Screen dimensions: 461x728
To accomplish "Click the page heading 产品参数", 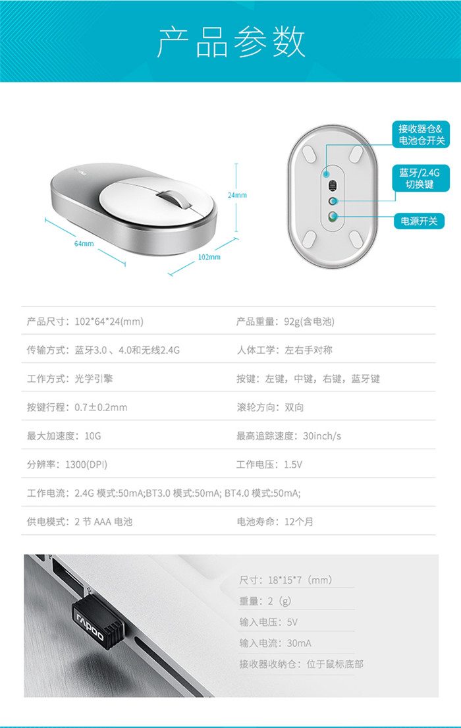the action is click(230, 42).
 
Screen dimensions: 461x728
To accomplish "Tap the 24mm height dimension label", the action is click(237, 196).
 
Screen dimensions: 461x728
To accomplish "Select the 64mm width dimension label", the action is click(84, 243).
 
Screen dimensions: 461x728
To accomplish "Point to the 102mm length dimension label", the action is click(209, 257).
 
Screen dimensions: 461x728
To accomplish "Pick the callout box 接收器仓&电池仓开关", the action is click(421, 134).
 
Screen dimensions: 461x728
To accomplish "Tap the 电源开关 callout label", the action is click(420, 221).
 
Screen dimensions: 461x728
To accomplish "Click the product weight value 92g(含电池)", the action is click(309, 322).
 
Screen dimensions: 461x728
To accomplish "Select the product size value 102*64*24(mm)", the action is click(109, 322).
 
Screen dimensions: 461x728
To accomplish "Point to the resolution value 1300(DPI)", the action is click(86, 464).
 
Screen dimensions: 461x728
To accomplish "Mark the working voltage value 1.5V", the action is click(293, 464).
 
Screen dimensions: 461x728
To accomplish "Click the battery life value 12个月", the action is click(298, 521).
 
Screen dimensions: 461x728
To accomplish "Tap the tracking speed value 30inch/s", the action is click(322, 436).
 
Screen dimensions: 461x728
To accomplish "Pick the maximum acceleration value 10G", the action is click(92, 436).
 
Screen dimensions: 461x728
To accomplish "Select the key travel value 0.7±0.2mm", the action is click(101, 407).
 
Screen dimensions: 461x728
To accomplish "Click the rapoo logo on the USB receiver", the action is click(90, 625).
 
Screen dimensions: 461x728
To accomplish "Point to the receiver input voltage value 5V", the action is click(292, 622).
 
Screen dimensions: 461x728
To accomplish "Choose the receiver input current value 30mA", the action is click(299, 643).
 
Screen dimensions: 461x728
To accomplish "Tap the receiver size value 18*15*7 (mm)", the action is click(300, 580).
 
